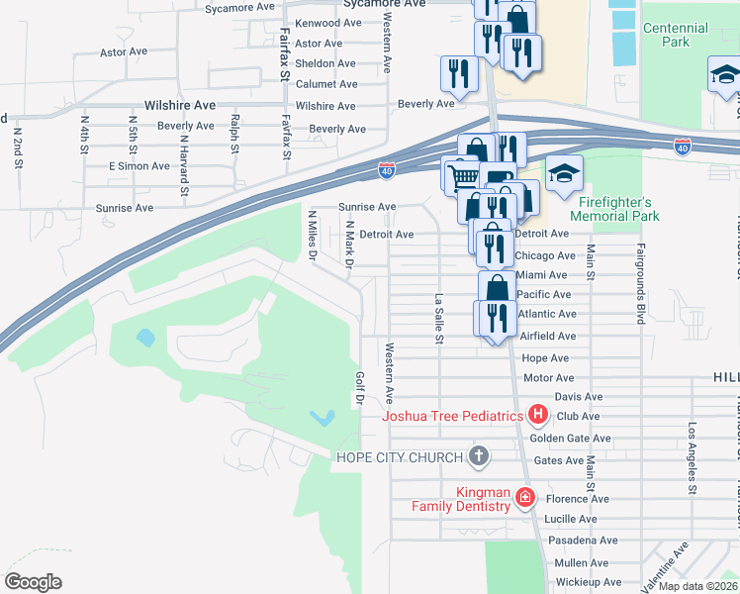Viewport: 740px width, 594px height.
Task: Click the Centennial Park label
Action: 675,36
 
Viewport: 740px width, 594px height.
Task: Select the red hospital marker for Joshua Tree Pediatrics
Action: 538,416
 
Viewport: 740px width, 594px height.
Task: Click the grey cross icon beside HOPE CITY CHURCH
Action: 479,456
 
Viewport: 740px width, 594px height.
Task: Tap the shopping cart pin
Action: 460,177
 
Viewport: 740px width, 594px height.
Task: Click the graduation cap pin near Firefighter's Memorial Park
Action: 564,173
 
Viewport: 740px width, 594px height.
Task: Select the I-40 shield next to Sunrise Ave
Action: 388,172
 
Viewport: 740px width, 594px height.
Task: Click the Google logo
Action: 33,581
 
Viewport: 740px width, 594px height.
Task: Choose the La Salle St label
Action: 438,318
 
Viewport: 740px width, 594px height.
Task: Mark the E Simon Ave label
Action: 132,165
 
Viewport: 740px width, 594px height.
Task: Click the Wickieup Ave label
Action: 588,582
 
